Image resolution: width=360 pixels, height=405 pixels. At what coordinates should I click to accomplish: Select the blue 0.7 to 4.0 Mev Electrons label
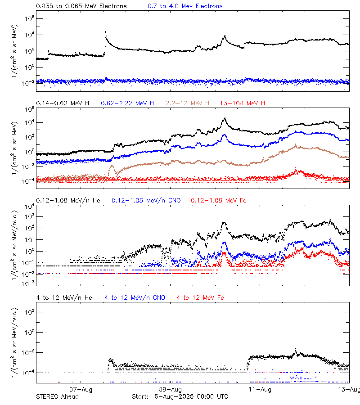click(x=185, y=6)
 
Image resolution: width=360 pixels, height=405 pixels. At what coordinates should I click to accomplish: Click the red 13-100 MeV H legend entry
click(x=243, y=103)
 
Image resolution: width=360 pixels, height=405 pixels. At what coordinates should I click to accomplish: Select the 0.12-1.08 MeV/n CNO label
click(x=146, y=200)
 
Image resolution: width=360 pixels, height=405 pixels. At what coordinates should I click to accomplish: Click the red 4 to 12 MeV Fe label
click(x=200, y=297)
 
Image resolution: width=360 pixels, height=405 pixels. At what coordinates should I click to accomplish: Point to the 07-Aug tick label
click(x=81, y=389)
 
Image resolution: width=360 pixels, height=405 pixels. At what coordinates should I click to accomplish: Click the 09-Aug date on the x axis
click(x=171, y=389)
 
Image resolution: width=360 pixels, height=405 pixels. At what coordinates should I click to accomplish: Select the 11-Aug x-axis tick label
click(x=260, y=389)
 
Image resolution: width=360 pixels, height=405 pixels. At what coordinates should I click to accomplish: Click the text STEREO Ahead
click(x=57, y=396)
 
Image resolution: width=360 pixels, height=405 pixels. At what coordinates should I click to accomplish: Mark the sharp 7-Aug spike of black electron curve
click(x=106, y=32)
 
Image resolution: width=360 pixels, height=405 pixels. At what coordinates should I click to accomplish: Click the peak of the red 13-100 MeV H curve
click(x=296, y=169)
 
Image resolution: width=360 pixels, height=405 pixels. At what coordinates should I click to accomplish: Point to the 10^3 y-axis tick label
click(x=27, y=217)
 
